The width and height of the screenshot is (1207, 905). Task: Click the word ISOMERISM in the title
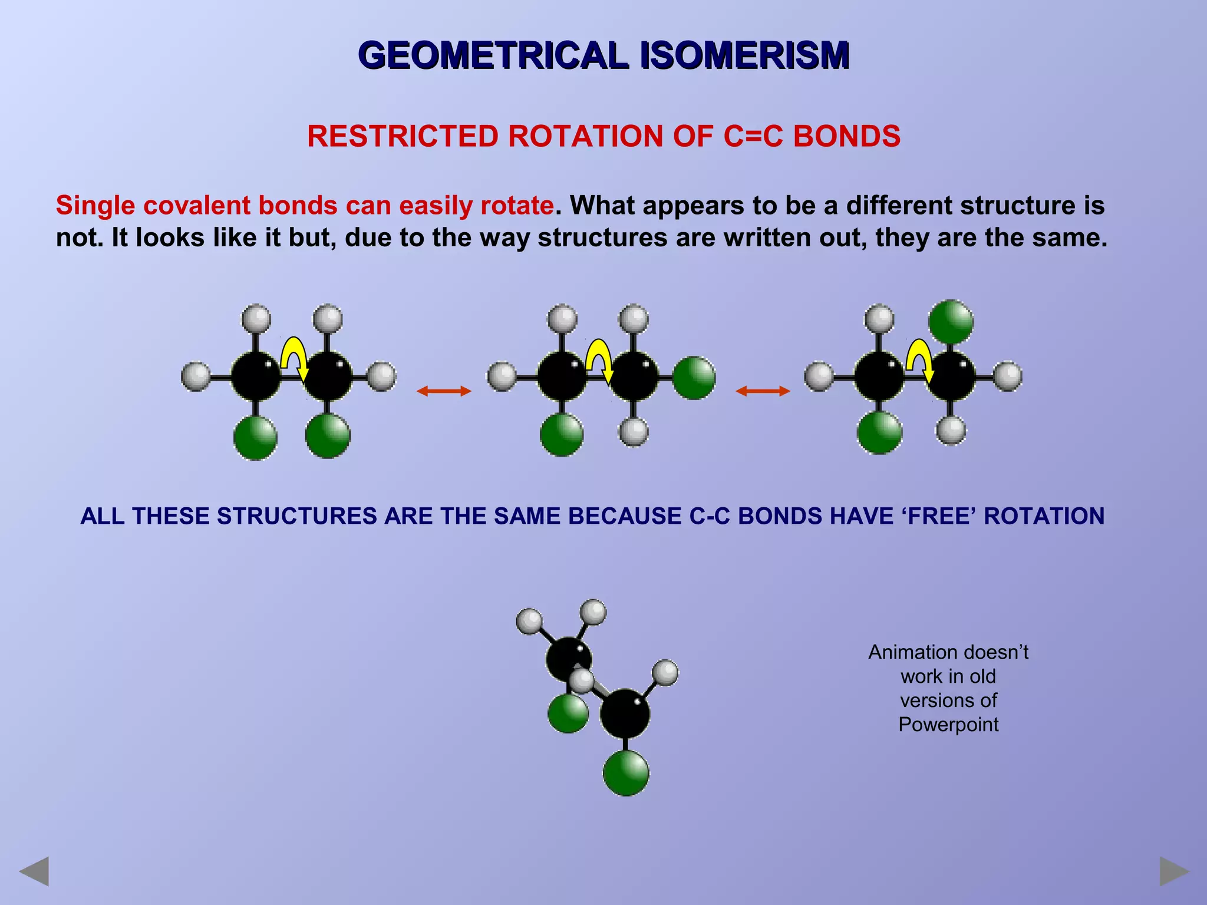(744, 56)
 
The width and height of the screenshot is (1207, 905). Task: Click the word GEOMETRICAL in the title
(494, 56)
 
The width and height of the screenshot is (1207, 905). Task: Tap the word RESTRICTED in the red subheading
(403, 137)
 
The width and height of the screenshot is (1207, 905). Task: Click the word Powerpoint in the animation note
(948, 724)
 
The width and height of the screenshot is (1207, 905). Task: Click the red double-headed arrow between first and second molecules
(444, 391)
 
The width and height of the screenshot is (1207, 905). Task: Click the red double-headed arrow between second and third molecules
(763, 391)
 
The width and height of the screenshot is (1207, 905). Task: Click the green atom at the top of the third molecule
(951, 322)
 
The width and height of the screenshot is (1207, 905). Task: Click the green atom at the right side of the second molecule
(694, 378)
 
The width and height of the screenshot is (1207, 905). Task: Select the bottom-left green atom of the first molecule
(255, 438)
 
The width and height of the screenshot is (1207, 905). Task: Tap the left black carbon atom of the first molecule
(256, 376)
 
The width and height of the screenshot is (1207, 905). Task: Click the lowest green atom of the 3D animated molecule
(626, 773)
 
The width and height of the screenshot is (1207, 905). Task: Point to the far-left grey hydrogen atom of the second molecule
(502, 376)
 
